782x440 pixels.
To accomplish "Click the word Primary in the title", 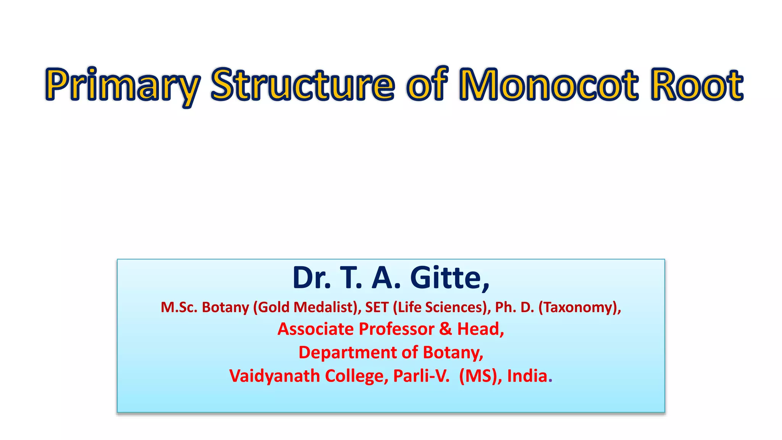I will [122, 85].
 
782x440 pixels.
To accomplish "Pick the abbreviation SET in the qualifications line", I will [376, 307].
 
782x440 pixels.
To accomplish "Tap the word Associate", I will [315, 329].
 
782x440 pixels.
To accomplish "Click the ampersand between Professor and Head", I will [445, 329].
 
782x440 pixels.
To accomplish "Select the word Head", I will [480, 329].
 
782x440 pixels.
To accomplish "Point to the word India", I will [527, 376].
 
